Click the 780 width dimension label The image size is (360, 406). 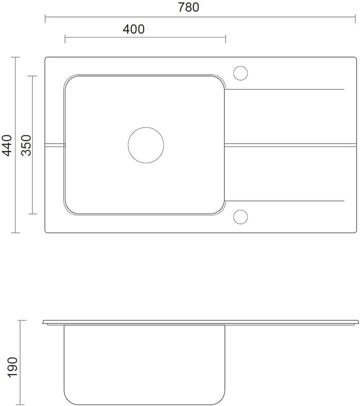188,7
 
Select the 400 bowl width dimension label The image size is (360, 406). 133,29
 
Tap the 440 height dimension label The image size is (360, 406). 7,145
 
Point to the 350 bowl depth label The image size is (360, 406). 26,145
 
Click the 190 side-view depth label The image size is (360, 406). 12,367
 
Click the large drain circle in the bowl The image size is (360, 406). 146,127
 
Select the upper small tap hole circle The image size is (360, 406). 240,66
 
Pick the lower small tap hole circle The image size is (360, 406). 240,209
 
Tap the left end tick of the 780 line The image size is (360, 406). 45,19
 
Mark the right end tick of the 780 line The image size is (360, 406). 355,19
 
